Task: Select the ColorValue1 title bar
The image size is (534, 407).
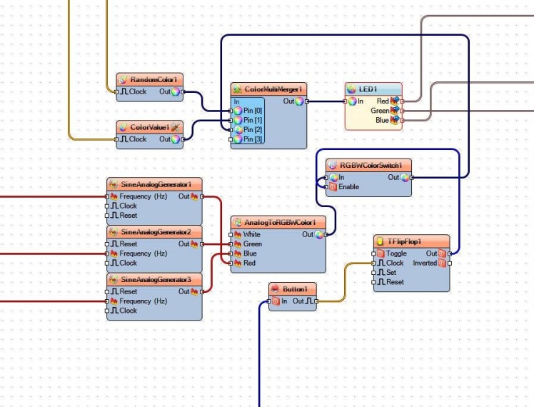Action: pos(150,127)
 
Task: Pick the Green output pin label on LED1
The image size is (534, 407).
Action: pos(380,111)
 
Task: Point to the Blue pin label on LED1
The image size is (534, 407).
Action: pos(382,120)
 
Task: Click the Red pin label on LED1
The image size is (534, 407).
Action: pos(383,101)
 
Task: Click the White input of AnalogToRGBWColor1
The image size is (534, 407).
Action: pos(252,234)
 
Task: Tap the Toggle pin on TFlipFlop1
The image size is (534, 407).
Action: pos(396,253)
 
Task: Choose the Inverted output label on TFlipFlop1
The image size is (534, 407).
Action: pos(424,263)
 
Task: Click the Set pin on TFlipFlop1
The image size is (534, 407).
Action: pos(391,272)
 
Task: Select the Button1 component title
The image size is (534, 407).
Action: pos(295,289)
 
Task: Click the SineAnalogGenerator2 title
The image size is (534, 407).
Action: pos(156,232)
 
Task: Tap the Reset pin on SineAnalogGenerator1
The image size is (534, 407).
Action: pos(129,215)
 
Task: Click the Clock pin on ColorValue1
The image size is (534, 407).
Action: pos(138,139)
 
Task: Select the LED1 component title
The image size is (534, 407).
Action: pos(368,89)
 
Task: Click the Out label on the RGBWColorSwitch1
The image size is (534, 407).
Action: pos(393,177)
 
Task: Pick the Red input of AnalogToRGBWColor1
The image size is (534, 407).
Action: pos(249,263)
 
